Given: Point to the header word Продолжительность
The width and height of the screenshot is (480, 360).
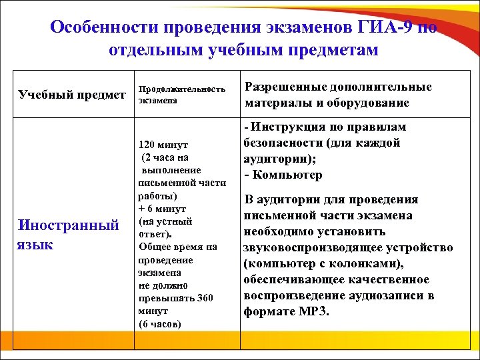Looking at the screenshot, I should point(182,89).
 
